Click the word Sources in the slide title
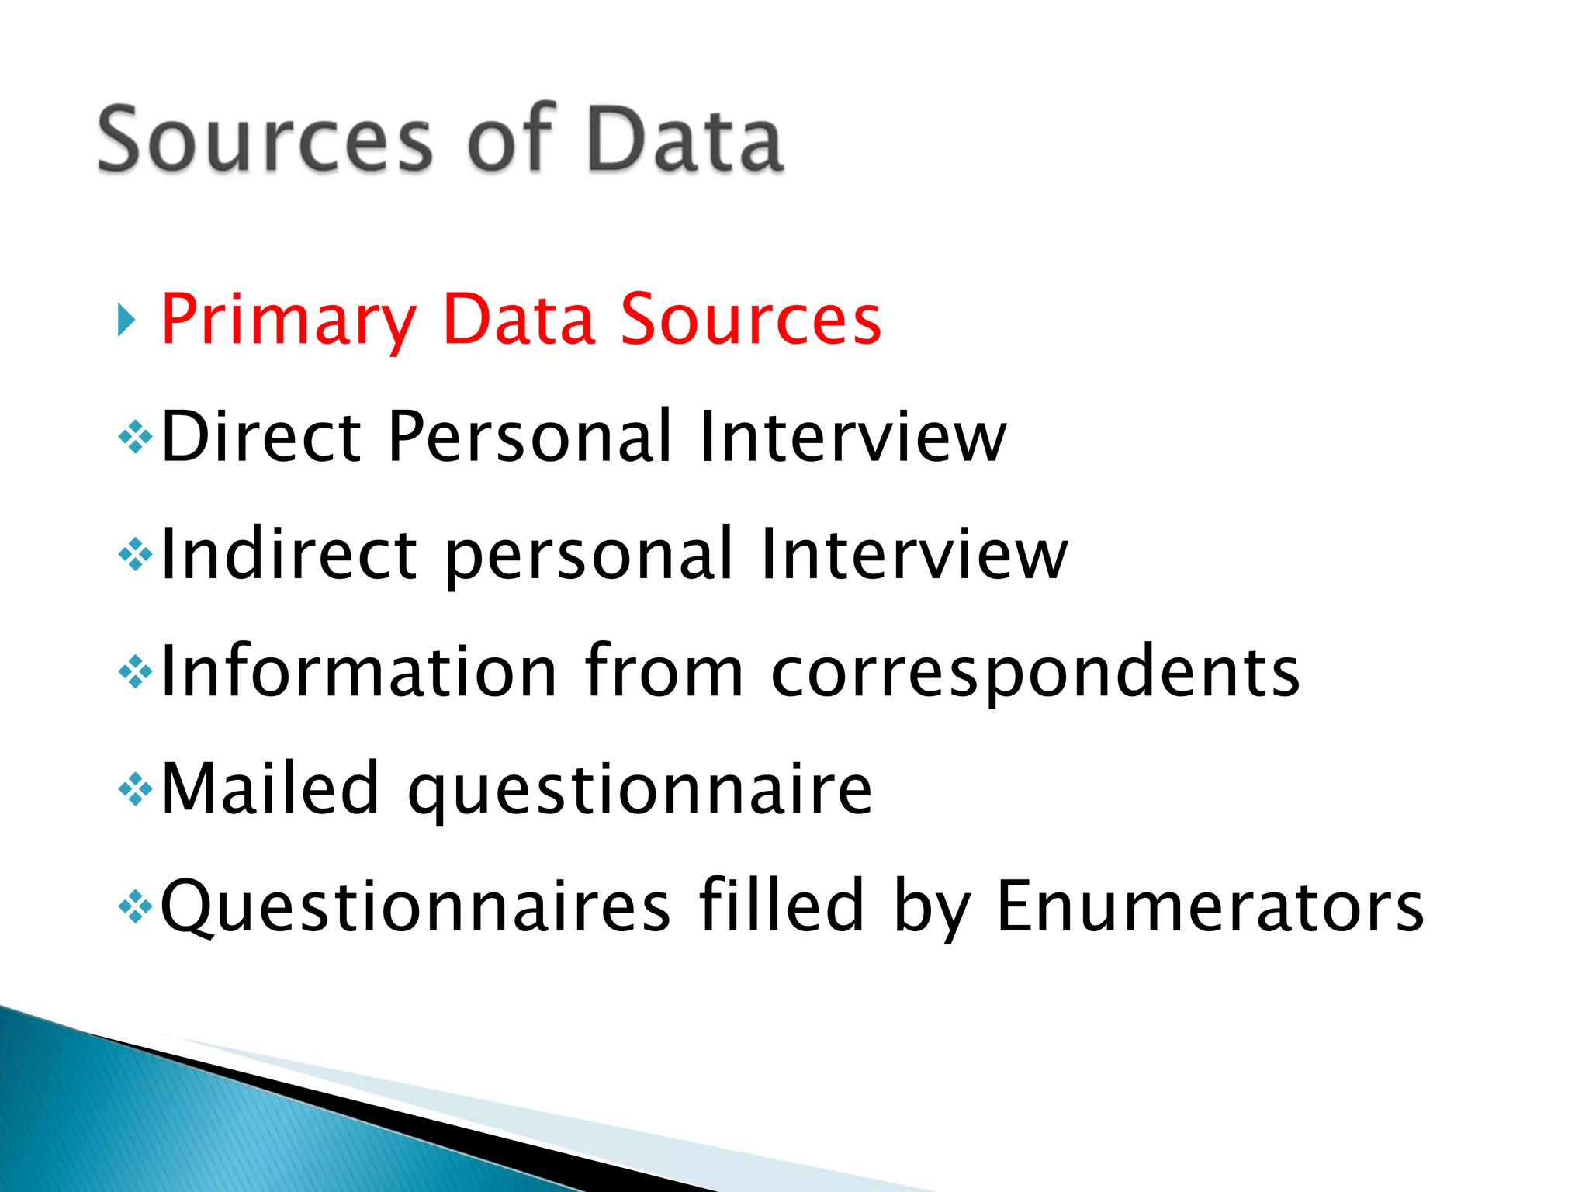pos(264,140)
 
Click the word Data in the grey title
pos(684,140)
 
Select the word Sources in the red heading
pos(750,320)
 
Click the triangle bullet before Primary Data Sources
pos(126,320)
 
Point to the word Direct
pos(261,436)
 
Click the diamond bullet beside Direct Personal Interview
pos(135,437)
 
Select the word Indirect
pos(289,554)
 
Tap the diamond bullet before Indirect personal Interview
pos(135,555)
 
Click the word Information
pos(358,671)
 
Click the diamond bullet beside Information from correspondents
pos(135,672)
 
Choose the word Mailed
pos(270,788)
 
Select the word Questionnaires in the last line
pos(415,906)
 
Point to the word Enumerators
pos(1210,906)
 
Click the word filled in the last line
pos(781,905)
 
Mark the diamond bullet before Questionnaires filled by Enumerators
pos(135,906)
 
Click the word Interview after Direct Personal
pos(852,436)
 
